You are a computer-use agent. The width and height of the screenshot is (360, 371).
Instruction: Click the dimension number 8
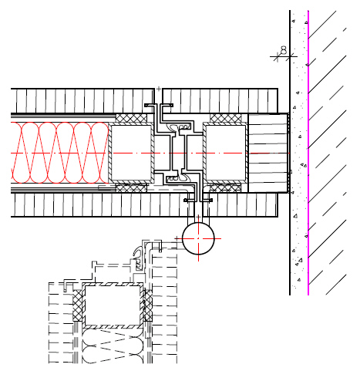point(284,50)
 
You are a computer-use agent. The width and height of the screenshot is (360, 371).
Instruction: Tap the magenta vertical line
point(308,153)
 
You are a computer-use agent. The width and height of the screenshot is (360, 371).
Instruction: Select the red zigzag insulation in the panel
point(59,153)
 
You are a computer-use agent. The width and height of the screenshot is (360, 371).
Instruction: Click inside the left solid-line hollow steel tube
point(131,153)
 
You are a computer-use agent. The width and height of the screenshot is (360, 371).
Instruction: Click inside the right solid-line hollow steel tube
point(225,153)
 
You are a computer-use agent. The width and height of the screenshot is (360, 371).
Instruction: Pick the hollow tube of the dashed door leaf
point(113,305)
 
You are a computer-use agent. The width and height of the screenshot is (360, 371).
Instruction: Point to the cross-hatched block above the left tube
point(131,118)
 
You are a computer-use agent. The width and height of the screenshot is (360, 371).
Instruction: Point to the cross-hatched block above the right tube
point(226,118)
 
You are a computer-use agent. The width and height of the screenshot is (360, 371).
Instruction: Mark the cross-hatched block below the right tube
point(226,187)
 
